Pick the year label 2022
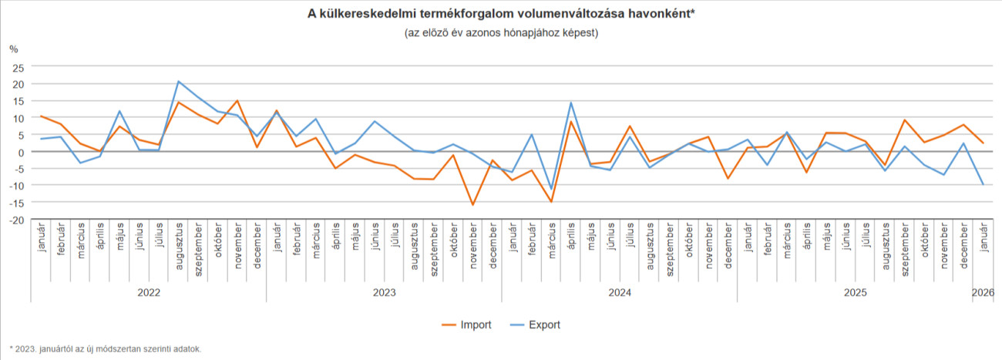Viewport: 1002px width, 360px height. click(148, 293)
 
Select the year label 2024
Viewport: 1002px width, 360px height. click(620, 293)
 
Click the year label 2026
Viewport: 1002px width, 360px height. click(983, 293)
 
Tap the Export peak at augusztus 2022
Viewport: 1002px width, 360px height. click(178, 81)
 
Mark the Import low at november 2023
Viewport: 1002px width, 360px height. click(472, 205)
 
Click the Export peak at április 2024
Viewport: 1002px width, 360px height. click(571, 103)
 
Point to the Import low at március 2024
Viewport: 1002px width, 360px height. click(551, 202)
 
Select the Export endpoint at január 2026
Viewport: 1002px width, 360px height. click(983, 184)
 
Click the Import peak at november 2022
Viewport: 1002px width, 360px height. click(237, 101)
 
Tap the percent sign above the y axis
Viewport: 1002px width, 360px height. click(13, 49)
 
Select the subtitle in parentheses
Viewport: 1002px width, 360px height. click(501, 33)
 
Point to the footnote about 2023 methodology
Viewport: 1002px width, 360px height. click(106, 348)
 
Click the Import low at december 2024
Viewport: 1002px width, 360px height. click(728, 179)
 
